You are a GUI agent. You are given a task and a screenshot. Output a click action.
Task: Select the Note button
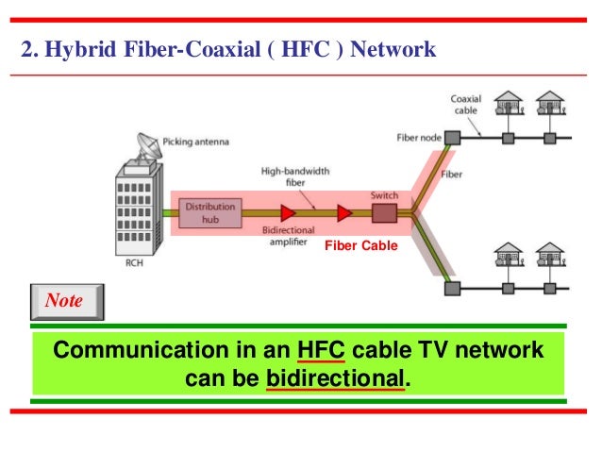64,302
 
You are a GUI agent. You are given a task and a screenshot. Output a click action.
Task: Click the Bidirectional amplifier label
288,235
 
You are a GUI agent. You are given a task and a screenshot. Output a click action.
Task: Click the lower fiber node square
452,287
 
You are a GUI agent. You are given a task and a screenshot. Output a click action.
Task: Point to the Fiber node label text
418,138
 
